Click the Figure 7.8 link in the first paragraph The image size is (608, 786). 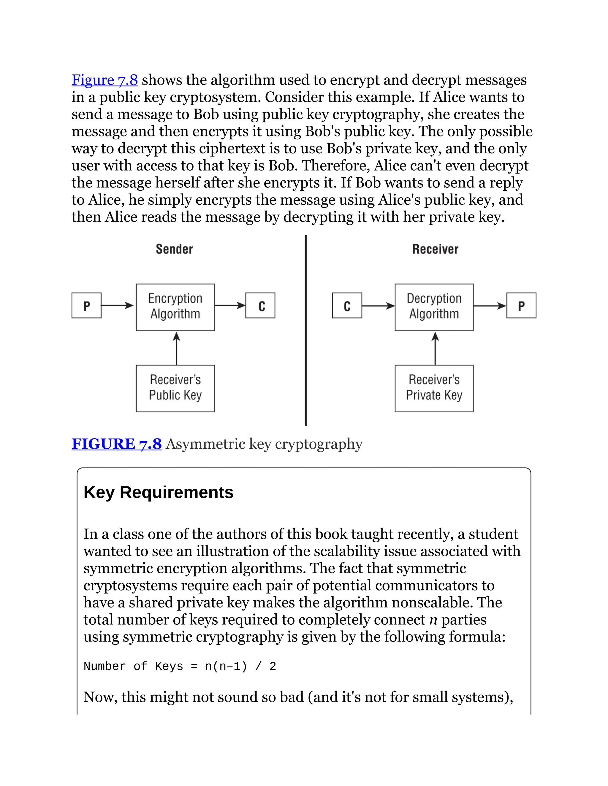[104, 80]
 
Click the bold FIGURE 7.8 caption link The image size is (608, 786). [116, 444]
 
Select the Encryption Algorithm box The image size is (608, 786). [175, 307]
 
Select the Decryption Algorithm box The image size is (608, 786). [434, 307]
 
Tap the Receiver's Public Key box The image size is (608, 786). [175, 388]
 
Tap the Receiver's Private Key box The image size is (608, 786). [434, 388]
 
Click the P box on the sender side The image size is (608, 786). [86, 306]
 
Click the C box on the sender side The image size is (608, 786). [260, 306]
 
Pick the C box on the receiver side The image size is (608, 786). [347, 306]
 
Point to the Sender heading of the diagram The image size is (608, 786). [174, 249]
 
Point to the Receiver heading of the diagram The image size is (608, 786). [435, 249]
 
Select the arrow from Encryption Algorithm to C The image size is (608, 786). [230, 306]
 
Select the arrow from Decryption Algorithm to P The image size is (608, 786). [490, 306]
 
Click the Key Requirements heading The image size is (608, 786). [159, 492]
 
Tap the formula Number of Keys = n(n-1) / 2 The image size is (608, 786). [179, 666]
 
